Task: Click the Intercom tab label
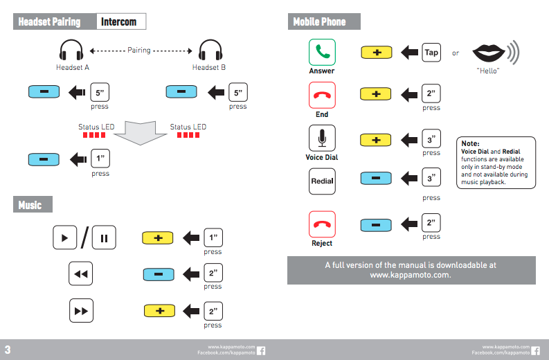coord(118,21)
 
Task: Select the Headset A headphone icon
coord(71,51)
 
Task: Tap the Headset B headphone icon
coord(209,51)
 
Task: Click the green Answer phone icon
coord(322,52)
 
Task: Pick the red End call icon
coord(322,95)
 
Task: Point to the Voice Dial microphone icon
coord(322,138)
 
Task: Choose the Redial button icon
coord(322,181)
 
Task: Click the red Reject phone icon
coord(322,224)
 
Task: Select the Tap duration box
coord(431,52)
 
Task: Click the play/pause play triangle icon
coord(64,238)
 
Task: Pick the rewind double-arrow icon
coord(81,274)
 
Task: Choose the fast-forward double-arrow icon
coord(81,311)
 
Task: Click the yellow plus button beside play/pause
coord(158,238)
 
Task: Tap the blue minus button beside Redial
coord(376,179)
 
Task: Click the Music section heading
coord(30,205)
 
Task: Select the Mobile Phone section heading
coord(319,21)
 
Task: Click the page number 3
coord(8,348)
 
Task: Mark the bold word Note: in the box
coord(471,143)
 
